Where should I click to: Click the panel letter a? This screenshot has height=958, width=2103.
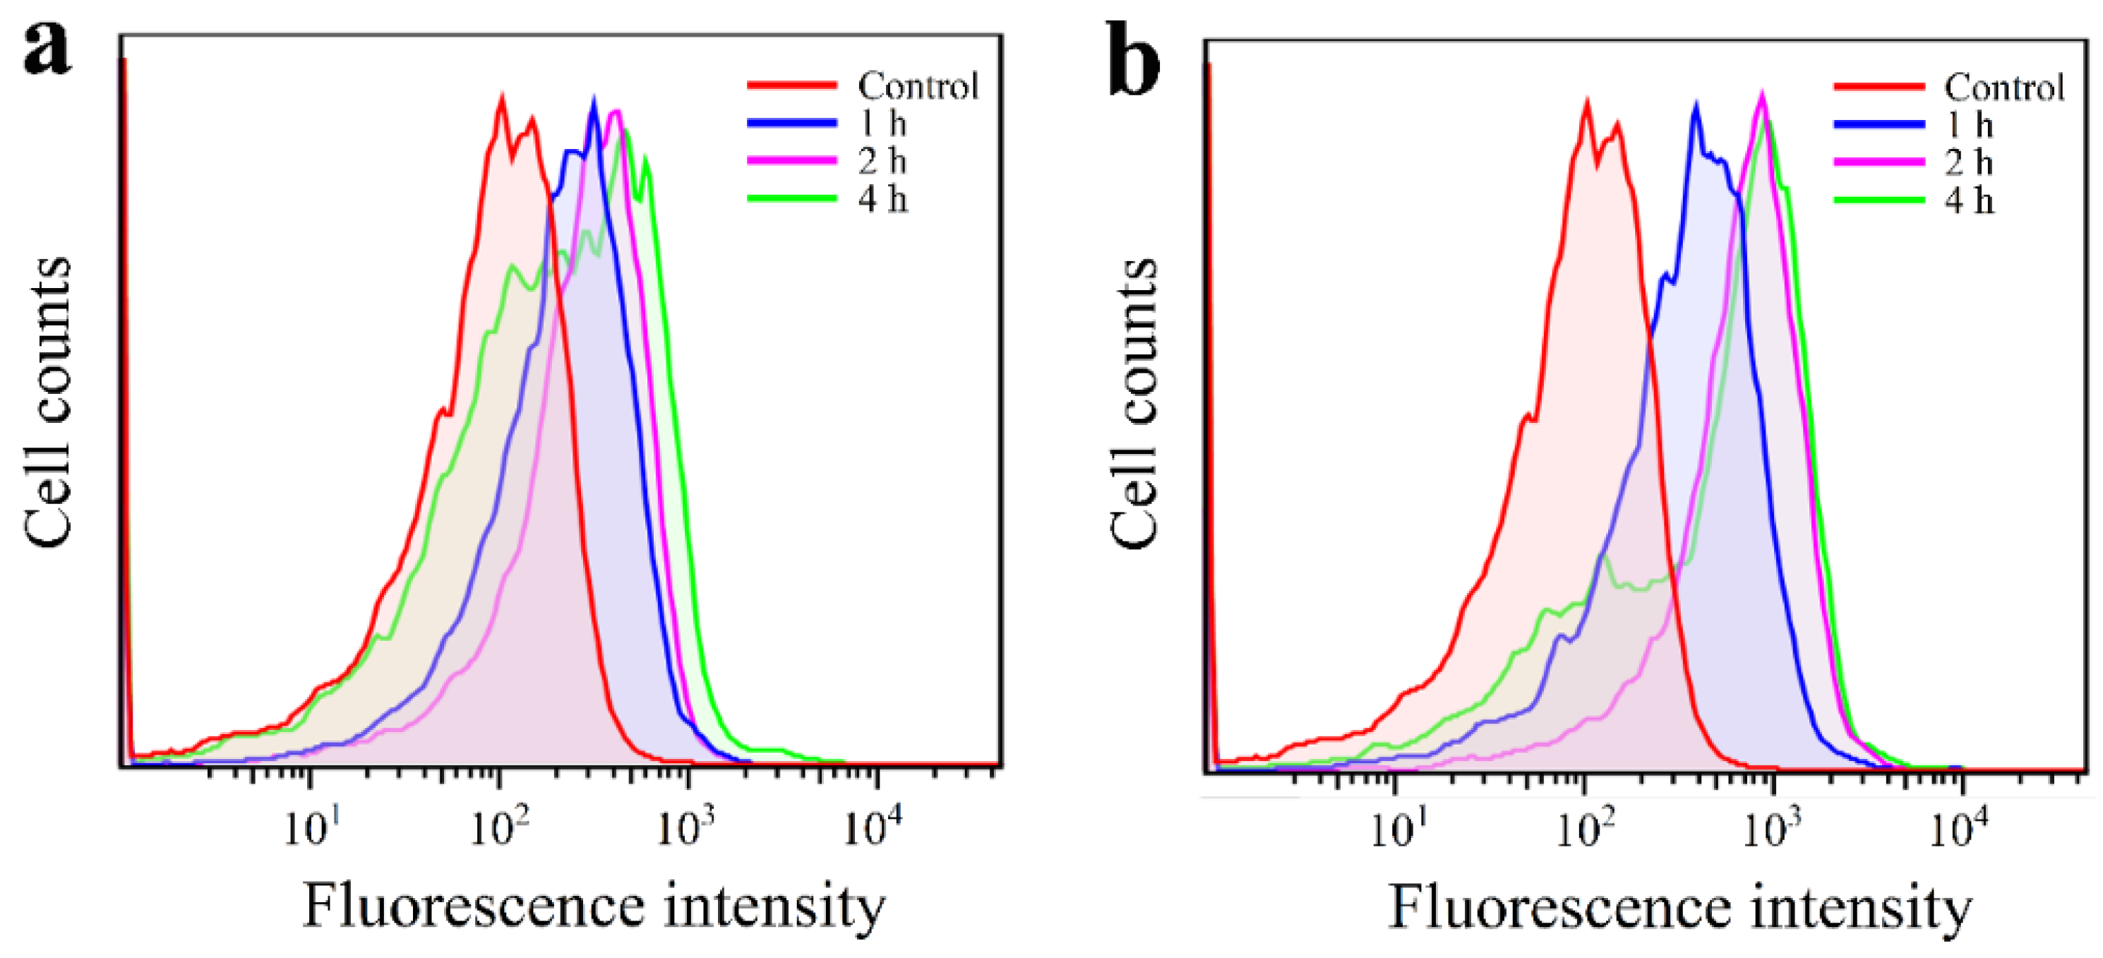[47, 49]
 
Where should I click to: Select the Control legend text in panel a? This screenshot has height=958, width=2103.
[918, 85]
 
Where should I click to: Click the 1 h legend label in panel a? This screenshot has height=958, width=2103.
[882, 124]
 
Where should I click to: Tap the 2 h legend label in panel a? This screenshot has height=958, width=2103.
[882, 161]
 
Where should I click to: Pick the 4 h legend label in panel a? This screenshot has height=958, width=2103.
[882, 198]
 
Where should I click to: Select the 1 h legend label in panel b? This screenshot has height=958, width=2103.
[1968, 125]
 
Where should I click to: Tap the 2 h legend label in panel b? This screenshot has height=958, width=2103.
[1968, 162]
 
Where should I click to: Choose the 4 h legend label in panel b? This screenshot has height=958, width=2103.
[1968, 200]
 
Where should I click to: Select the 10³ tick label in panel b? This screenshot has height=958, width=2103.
[1771, 829]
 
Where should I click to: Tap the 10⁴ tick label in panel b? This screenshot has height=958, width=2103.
[1958, 829]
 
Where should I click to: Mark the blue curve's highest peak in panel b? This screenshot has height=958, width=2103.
[1696, 105]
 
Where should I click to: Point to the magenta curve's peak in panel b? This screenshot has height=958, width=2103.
[1762, 95]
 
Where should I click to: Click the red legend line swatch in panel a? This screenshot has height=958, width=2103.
[792, 85]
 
